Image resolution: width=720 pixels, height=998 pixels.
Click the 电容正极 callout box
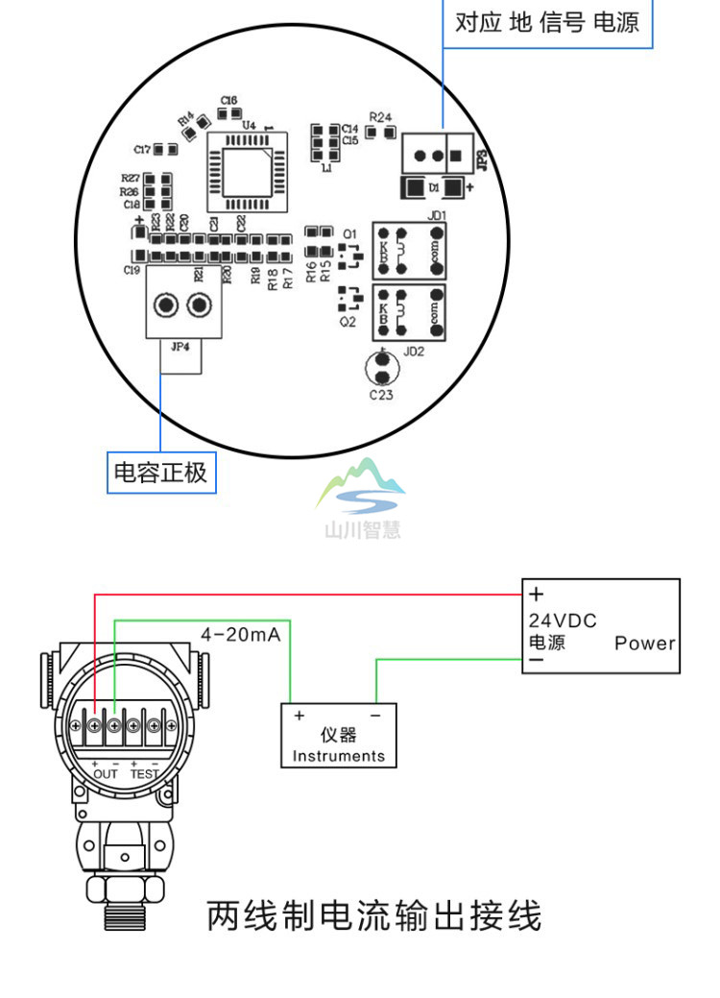tap(160, 473)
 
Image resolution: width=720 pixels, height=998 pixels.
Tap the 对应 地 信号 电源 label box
tap(546, 22)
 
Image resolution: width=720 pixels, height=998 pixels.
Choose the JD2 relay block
tap(410, 312)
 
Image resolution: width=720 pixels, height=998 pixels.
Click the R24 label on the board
tap(380, 117)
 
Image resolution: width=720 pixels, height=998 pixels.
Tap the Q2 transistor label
tap(347, 323)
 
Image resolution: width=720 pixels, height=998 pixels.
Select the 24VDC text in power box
tap(563, 621)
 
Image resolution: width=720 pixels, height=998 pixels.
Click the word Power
tap(645, 644)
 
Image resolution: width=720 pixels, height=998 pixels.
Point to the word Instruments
tap(338, 756)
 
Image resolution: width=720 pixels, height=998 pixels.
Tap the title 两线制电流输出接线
tap(374, 915)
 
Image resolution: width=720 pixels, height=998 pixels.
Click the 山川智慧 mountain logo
tap(361, 495)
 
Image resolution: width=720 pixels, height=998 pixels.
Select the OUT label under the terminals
tap(106, 773)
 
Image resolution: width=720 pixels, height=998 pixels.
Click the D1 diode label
tap(434, 188)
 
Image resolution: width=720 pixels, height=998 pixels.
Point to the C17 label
tap(141, 149)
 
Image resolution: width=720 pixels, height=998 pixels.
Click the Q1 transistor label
tap(348, 234)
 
